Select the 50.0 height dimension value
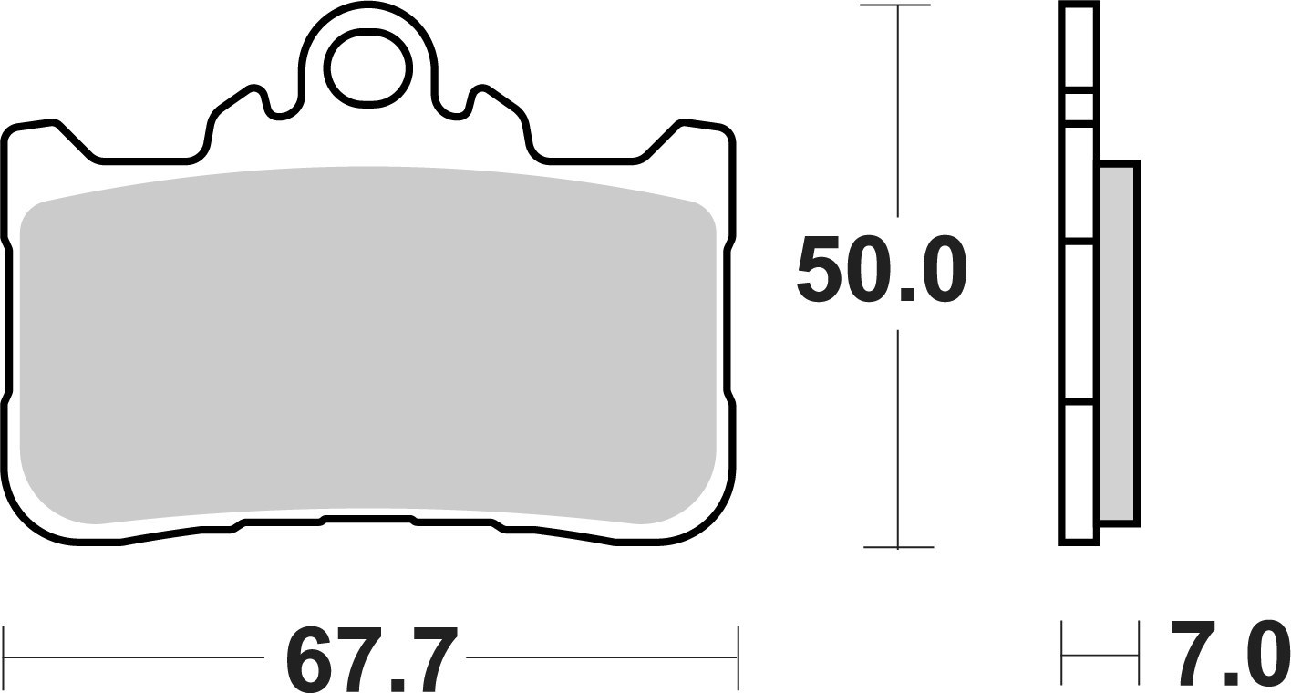881,270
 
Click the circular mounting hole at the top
367,67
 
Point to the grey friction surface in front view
367,346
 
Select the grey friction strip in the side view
1119,342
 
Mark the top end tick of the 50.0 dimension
898,6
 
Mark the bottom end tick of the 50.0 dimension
898,547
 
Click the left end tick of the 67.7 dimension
6,657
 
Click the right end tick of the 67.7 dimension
737,657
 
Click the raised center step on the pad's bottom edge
367,519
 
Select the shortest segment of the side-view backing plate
1079,105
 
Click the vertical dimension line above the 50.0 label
898,109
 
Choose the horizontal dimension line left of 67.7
137,657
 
